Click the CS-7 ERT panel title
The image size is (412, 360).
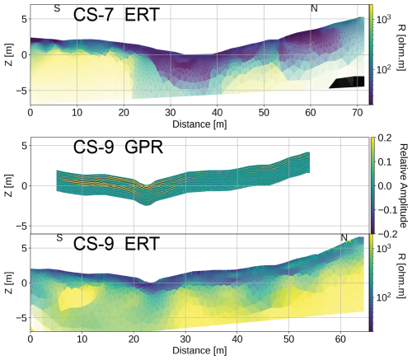[x=116, y=15]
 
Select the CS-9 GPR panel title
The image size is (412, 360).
[x=118, y=147]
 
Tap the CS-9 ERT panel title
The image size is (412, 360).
[x=116, y=243]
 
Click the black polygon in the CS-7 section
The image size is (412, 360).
[x=347, y=82]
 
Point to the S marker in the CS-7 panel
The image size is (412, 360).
[x=57, y=8]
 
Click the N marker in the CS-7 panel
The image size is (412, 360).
[x=314, y=8]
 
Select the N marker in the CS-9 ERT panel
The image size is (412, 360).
[x=344, y=237]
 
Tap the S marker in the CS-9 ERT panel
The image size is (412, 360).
[x=59, y=237]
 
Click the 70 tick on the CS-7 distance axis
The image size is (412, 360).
[x=358, y=113]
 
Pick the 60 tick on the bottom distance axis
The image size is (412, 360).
[x=340, y=339]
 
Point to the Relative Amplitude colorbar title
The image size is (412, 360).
[x=403, y=185]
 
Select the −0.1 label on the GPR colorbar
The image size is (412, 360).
[x=385, y=210]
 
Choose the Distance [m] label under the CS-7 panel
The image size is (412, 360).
[x=199, y=124]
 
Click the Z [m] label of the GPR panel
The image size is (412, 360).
[x=9, y=185]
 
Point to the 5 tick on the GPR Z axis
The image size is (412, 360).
[x=25, y=146]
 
